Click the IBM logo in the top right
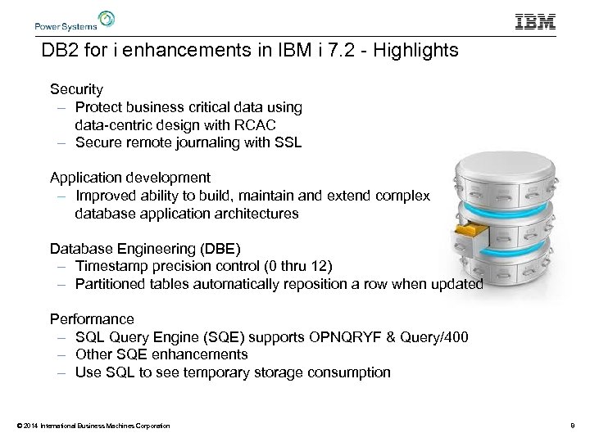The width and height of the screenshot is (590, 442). point(535,22)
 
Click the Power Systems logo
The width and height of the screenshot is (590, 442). point(75,20)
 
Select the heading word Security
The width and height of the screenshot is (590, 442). point(76,88)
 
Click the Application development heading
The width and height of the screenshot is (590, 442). point(130,178)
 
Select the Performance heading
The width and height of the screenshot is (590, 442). point(92,318)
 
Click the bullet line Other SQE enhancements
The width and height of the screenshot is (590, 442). point(161,354)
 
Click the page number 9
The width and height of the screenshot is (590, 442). point(572,426)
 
